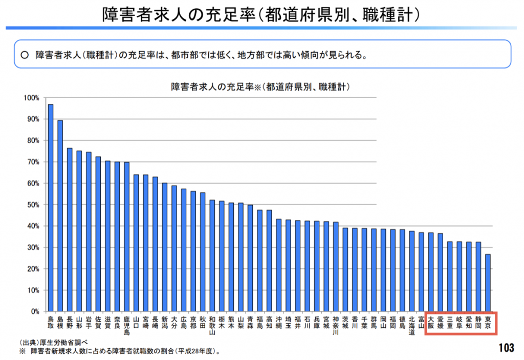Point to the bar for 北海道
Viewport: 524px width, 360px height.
tap(411, 271)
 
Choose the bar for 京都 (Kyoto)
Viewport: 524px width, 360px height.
tap(193, 251)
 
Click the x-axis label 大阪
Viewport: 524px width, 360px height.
tap(431, 323)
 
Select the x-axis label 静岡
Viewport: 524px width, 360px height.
tap(478, 323)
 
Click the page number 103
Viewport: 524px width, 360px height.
tap(505, 348)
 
